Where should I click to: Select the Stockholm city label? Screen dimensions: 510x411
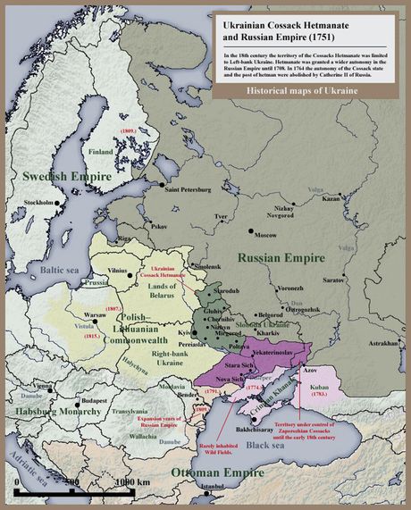[39, 203]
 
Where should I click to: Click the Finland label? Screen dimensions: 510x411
[101, 152]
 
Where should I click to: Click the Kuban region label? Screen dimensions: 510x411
[320, 388]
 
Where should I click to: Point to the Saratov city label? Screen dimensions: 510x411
[360, 280]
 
